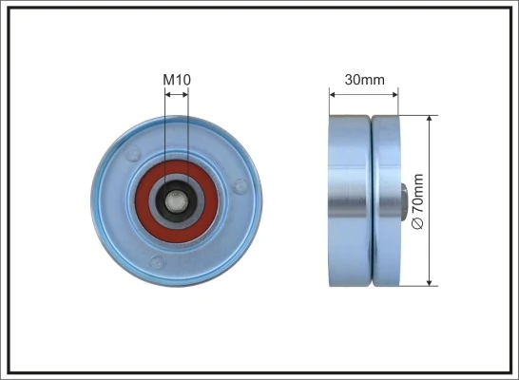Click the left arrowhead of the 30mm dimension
pyautogui.click(x=333, y=93)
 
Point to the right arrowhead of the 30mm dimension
pyautogui.click(x=394, y=93)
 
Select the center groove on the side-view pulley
pyautogui.click(x=370, y=199)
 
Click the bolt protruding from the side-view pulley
pyautogui.click(x=405, y=200)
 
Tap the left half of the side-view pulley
pyautogui.click(x=348, y=199)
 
